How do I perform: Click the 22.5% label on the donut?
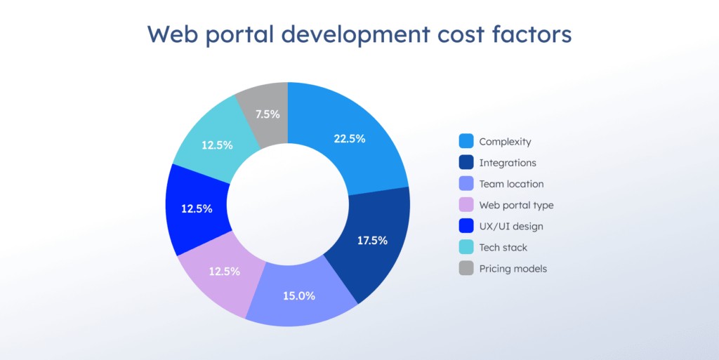[x=349, y=139]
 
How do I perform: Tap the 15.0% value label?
[x=300, y=295]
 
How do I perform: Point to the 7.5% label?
[x=266, y=114]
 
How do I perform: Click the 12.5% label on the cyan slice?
[x=217, y=145]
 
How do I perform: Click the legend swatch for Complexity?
[x=466, y=142]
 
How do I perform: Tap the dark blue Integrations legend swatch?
[x=466, y=163]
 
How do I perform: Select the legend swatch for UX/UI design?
[x=466, y=226]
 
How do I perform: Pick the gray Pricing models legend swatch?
[x=466, y=268]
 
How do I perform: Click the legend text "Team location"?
[x=511, y=184]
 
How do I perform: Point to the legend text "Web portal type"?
[x=516, y=205]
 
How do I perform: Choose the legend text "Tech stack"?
[x=503, y=247]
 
